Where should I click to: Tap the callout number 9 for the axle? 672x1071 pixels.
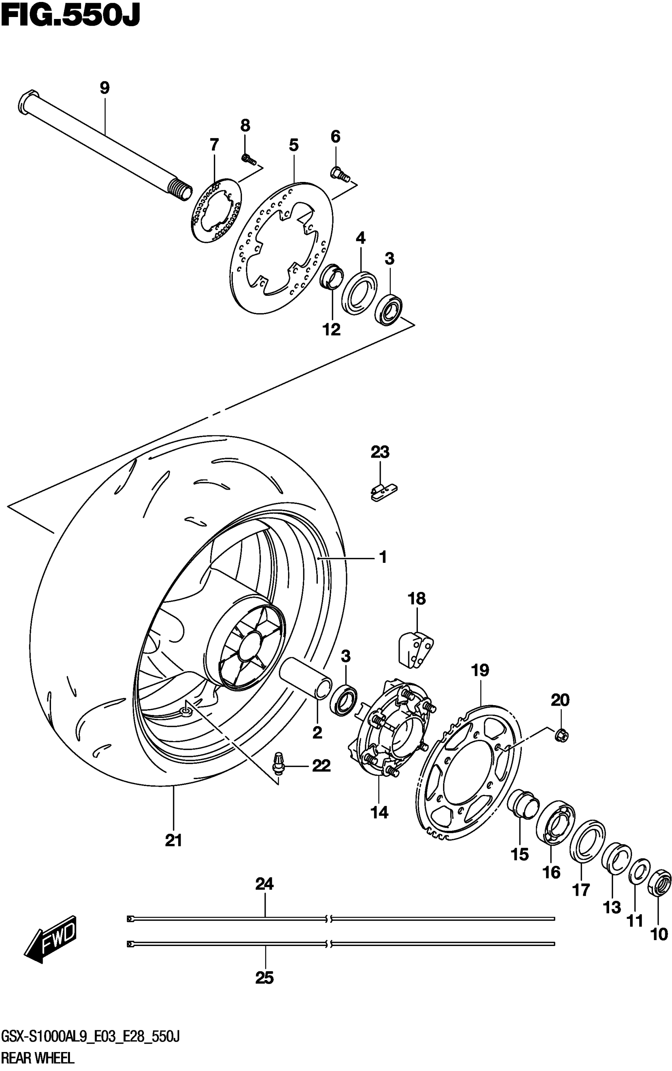[x=104, y=88]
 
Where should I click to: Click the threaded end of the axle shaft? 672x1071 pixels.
[x=181, y=189]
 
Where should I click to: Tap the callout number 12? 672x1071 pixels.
[x=332, y=329]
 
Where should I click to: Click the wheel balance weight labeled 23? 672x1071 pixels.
[x=383, y=493]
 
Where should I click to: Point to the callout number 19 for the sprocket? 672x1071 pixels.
[x=480, y=670]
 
